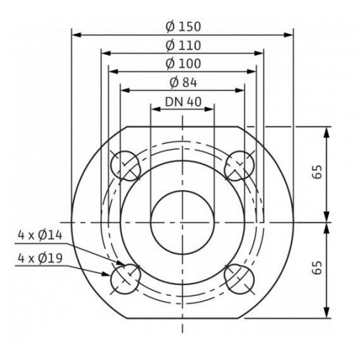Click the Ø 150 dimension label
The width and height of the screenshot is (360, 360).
(x=183, y=27)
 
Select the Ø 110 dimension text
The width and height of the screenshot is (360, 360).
(x=183, y=45)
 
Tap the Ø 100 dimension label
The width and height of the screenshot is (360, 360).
(x=183, y=63)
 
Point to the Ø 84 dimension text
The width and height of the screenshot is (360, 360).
(x=183, y=83)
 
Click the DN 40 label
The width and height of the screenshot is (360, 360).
(x=183, y=102)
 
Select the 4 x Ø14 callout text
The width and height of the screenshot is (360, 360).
(x=40, y=235)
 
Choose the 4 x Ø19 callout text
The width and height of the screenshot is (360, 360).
(x=40, y=258)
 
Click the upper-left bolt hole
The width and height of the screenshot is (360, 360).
(x=125, y=166)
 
